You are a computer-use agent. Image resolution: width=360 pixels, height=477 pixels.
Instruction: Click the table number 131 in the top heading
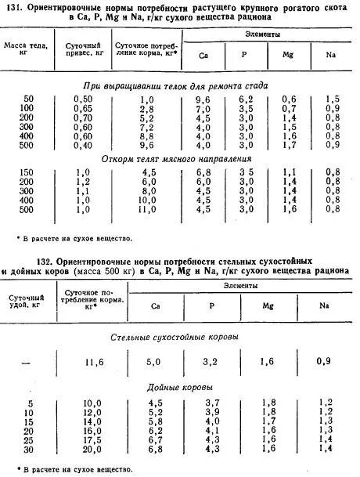(17, 7)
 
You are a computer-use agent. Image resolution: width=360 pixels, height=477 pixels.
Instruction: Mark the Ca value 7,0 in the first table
(203, 108)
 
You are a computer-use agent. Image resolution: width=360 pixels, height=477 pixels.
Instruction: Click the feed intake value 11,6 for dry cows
(92, 361)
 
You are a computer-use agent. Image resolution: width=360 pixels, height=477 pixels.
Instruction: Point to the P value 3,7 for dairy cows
(234, 403)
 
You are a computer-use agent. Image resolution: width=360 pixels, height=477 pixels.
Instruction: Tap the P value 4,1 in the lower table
(234, 430)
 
